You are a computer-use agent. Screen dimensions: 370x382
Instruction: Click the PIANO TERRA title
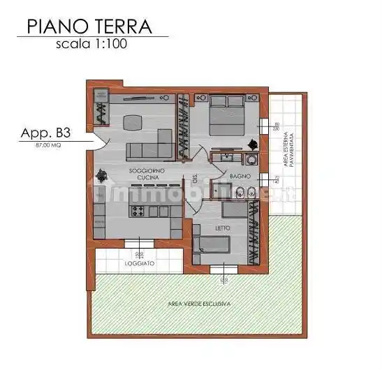point(89,27)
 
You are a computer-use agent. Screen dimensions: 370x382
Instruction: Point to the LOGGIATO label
point(140,264)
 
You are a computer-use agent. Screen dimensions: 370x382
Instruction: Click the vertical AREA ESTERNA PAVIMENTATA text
point(293,149)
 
